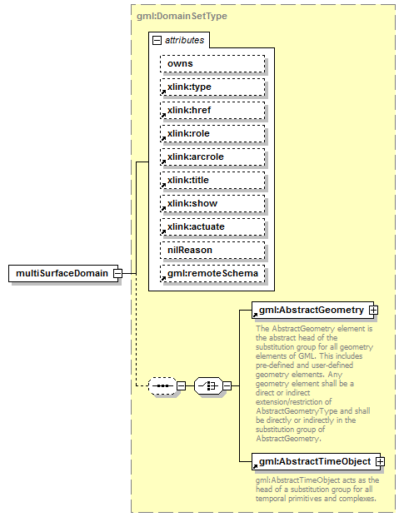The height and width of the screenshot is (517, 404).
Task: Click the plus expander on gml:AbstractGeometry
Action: point(373,311)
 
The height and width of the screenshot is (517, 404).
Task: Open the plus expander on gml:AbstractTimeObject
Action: point(380,461)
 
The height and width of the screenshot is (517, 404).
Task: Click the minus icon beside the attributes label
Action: point(157,39)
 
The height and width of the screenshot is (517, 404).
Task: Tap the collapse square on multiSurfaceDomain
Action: point(118,273)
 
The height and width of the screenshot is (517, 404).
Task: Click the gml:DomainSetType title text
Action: point(181,16)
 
